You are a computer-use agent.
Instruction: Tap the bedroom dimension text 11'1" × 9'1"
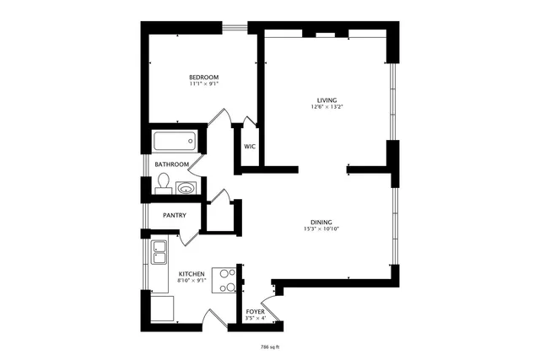click(204, 84)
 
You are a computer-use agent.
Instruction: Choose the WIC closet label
click(249, 146)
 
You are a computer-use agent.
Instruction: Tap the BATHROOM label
click(171, 164)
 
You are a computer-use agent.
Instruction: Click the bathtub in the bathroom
click(175, 142)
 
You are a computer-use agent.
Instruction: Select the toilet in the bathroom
click(164, 183)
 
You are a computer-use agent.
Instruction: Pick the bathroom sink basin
click(186, 187)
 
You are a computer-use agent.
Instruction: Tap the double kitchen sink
click(159, 251)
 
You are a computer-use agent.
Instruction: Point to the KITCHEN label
click(192, 274)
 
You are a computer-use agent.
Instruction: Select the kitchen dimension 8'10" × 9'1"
click(192, 281)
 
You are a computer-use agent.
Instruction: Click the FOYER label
click(255, 312)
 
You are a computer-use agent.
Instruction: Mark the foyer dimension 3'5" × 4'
click(255, 319)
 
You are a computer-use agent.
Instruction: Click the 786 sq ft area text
click(269, 346)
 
